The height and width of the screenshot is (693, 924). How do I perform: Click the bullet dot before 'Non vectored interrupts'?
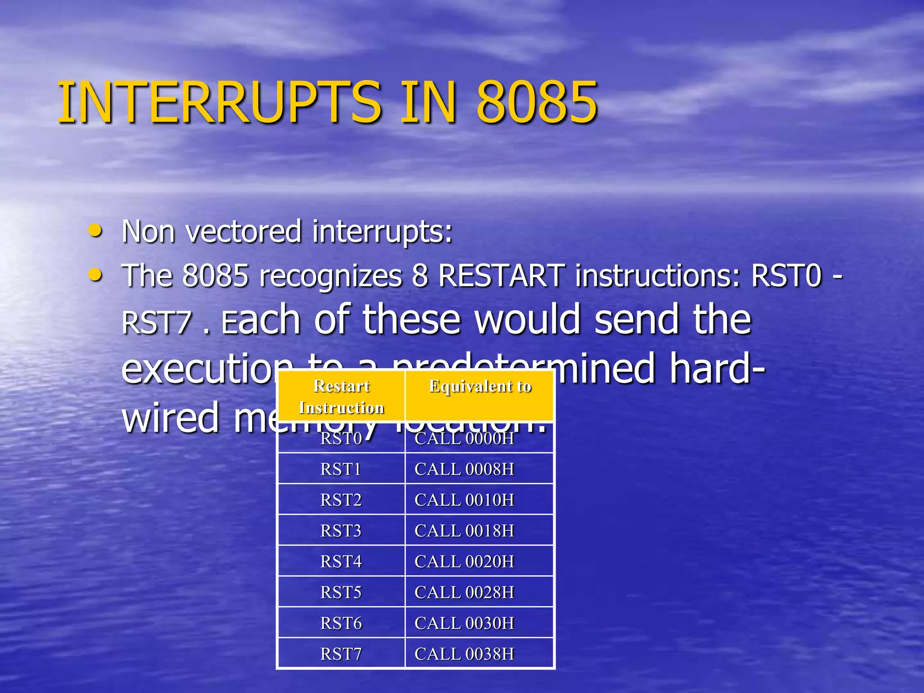(95, 231)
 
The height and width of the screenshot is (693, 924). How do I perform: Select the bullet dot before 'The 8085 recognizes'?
(95, 274)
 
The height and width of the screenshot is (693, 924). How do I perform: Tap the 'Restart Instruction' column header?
(342, 397)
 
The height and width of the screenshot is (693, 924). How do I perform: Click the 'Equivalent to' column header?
(480, 387)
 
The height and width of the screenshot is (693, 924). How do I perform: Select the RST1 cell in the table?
(341, 469)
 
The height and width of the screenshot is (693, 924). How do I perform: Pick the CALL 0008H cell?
(464, 469)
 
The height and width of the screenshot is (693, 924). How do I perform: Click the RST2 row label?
(341, 500)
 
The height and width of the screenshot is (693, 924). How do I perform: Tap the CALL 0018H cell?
(464, 531)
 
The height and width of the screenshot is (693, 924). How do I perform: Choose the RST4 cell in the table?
(341, 562)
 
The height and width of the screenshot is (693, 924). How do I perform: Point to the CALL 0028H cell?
(464, 592)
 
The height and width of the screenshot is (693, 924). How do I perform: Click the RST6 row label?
(341, 623)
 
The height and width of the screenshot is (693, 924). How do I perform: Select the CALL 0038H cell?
(464, 654)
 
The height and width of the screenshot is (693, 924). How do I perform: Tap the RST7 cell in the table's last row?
(341, 654)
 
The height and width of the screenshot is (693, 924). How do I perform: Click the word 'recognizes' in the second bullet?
(329, 276)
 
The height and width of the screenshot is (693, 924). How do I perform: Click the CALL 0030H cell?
(464, 623)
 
